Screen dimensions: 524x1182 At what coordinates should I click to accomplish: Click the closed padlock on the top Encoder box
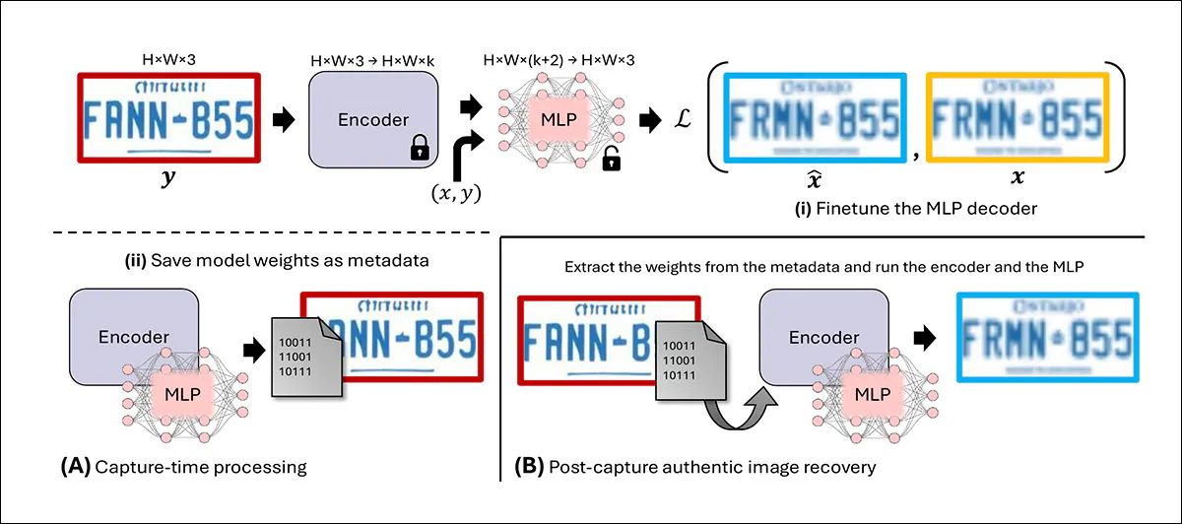coord(419,150)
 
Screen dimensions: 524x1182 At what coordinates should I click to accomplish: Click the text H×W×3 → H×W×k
coord(373,62)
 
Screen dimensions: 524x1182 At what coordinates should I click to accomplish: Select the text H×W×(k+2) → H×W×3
coord(558,62)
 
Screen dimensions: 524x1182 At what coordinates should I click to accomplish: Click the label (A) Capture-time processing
coord(186,466)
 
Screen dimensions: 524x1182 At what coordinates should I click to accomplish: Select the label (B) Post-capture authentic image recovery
coord(696,466)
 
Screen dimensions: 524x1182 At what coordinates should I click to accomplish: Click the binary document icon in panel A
coord(301,360)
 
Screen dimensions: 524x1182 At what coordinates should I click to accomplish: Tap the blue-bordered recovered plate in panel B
coord(1046,338)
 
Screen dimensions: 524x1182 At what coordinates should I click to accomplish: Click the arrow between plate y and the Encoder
coord(284,120)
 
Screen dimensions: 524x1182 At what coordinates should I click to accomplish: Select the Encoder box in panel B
coord(823,338)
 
